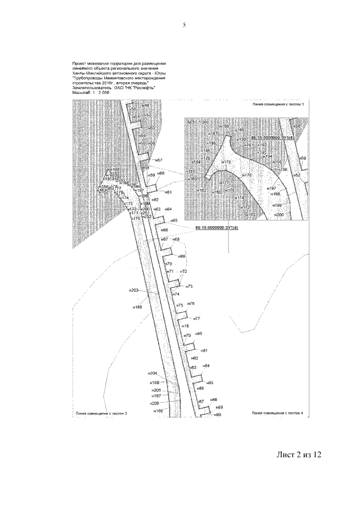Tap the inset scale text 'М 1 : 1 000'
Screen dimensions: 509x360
(199, 121)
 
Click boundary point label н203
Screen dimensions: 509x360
(133, 290)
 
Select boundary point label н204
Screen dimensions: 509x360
(152, 373)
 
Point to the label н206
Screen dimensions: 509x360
(155, 403)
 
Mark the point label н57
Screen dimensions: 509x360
(159, 161)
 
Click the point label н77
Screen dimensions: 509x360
(197, 318)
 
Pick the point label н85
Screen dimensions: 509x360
(210, 382)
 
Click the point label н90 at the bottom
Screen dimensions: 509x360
(218, 415)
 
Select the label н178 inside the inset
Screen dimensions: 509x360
(226, 162)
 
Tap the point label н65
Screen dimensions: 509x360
(174, 220)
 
